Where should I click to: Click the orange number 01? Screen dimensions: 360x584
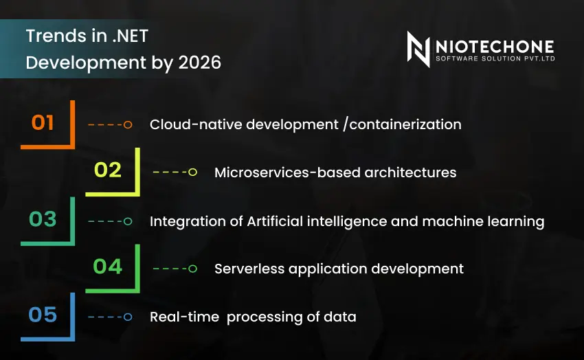point(43,123)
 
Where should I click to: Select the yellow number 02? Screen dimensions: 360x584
point(108,170)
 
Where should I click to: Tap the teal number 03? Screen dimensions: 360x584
point(43,220)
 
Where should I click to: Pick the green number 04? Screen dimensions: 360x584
point(108,267)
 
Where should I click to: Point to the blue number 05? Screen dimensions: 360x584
point(43,315)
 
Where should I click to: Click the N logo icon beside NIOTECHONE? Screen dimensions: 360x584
point(418,49)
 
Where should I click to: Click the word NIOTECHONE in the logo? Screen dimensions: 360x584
point(495,46)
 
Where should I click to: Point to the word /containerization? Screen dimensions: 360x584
point(401,124)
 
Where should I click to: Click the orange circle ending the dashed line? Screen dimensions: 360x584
point(128,124)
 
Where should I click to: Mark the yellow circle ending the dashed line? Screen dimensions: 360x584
point(193,172)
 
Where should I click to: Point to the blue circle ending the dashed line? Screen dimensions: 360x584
point(128,317)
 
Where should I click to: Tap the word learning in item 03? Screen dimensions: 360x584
point(515,221)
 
